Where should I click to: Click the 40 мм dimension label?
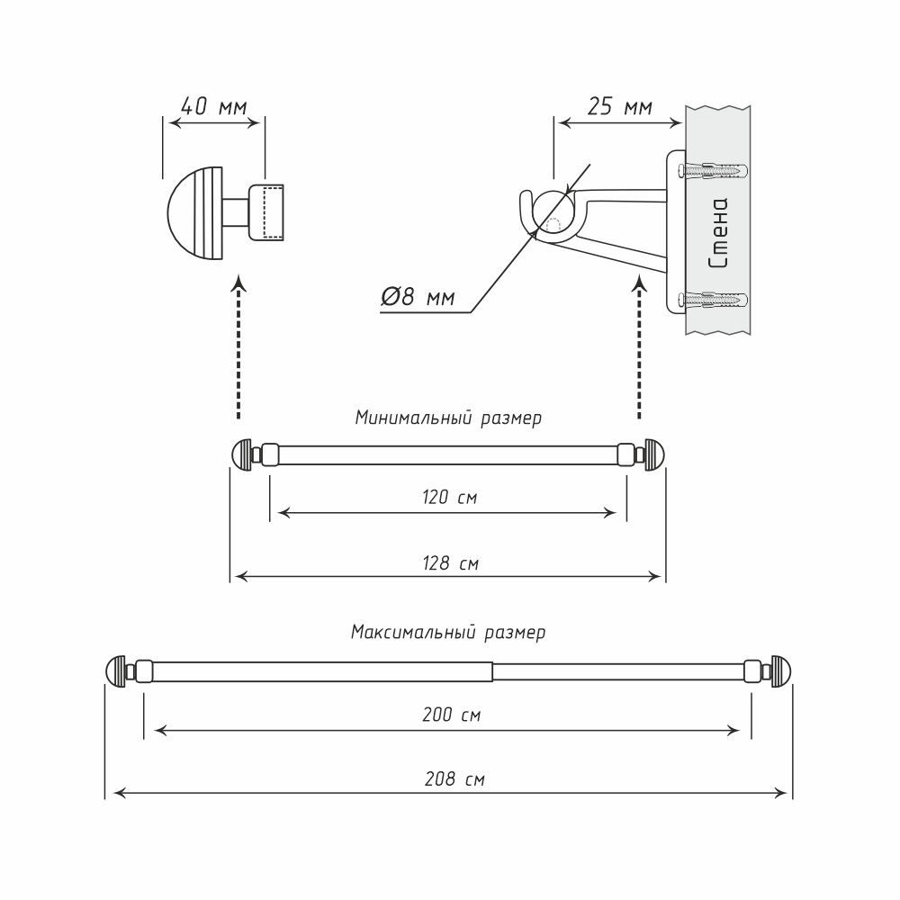[x=213, y=106]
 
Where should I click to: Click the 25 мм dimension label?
[x=619, y=107]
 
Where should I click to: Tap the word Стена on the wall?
[x=718, y=235]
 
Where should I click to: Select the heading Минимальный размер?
[x=447, y=418]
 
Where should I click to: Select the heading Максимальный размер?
[x=447, y=633]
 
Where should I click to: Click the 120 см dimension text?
[x=447, y=498]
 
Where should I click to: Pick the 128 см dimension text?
[x=447, y=564]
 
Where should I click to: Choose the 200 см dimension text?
[x=450, y=716]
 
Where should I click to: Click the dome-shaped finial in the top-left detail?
[x=193, y=213]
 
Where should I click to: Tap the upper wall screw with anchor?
[x=715, y=169]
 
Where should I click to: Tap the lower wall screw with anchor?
[x=715, y=299]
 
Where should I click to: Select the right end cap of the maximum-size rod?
[x=780, y=671]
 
